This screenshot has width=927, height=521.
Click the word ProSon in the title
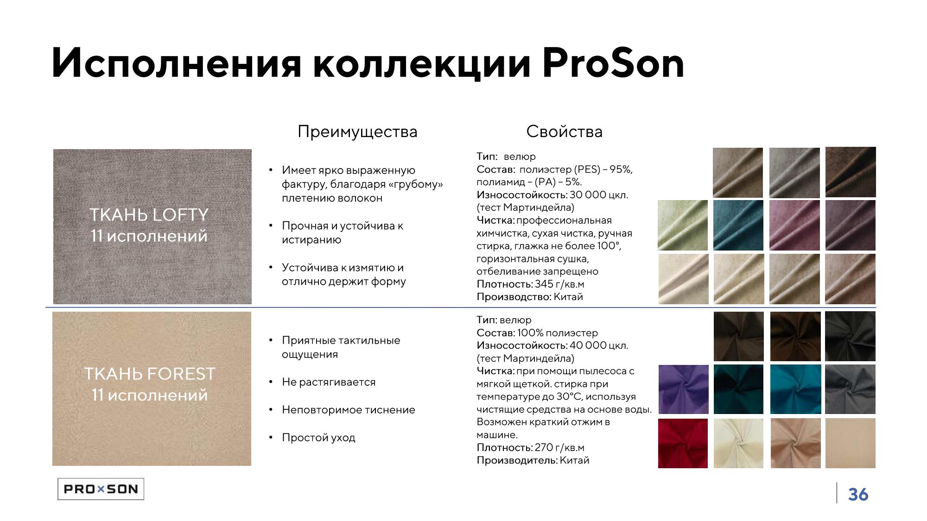pos(613,63)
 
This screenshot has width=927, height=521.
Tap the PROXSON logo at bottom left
pos(101,489)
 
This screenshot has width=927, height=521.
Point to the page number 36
pos(858,495)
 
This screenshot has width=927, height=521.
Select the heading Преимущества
pos(357,132)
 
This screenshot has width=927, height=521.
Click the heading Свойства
pos(564,132)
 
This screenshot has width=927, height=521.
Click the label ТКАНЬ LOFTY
pos(149,215)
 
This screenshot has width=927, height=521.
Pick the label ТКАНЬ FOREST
pos(150,374)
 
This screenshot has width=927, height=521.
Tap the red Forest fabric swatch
pos(683,443)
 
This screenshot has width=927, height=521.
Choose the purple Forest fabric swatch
pos(683,389)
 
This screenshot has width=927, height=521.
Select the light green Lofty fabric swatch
pos(683,225)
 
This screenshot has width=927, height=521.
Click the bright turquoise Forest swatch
pos(795,389)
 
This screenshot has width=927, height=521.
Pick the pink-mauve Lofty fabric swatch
pos(794,225)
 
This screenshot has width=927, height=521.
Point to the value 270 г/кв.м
pos(559,447)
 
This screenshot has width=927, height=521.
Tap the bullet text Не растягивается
pos(329,382)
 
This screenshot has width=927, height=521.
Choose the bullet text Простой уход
pos(318,438)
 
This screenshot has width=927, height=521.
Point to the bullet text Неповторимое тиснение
pos(349,410)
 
